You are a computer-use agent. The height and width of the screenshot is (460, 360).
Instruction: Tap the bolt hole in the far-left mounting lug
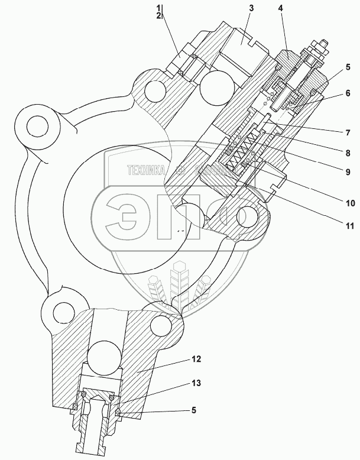38,125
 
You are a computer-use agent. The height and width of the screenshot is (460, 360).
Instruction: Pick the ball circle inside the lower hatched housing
104,356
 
